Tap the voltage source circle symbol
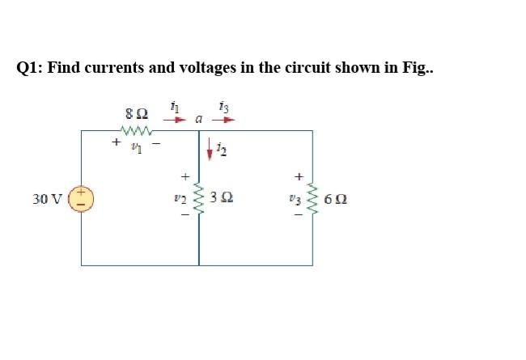[x=83, y=197]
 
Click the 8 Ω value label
[x=136, y=112]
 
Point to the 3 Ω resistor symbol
[x=199, y=197]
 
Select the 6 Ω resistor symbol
[x=312, y=197]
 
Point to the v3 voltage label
[x=297, y=197]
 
